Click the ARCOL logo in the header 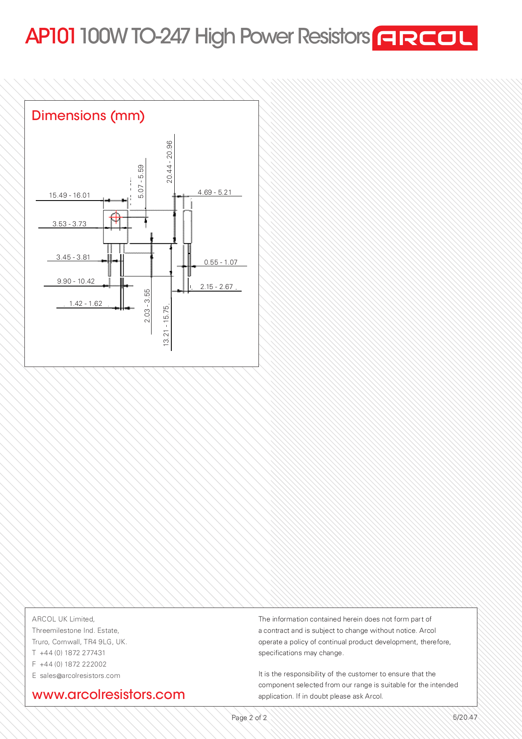424,38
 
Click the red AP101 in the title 51,36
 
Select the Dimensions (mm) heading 88,115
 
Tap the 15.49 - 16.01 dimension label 69,195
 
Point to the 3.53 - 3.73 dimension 69,224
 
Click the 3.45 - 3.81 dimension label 73,257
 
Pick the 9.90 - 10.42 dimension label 76,281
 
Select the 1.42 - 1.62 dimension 85,303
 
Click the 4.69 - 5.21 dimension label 215,192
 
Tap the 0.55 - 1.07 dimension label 221,262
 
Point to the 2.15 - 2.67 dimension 216,286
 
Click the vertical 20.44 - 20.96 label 169,162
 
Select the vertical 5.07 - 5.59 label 141,181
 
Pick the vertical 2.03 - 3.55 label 147,306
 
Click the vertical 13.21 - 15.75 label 166,326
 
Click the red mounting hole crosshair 115,217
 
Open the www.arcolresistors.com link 109,694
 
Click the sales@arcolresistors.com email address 80,675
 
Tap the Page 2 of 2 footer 249,718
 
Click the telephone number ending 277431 72,653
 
